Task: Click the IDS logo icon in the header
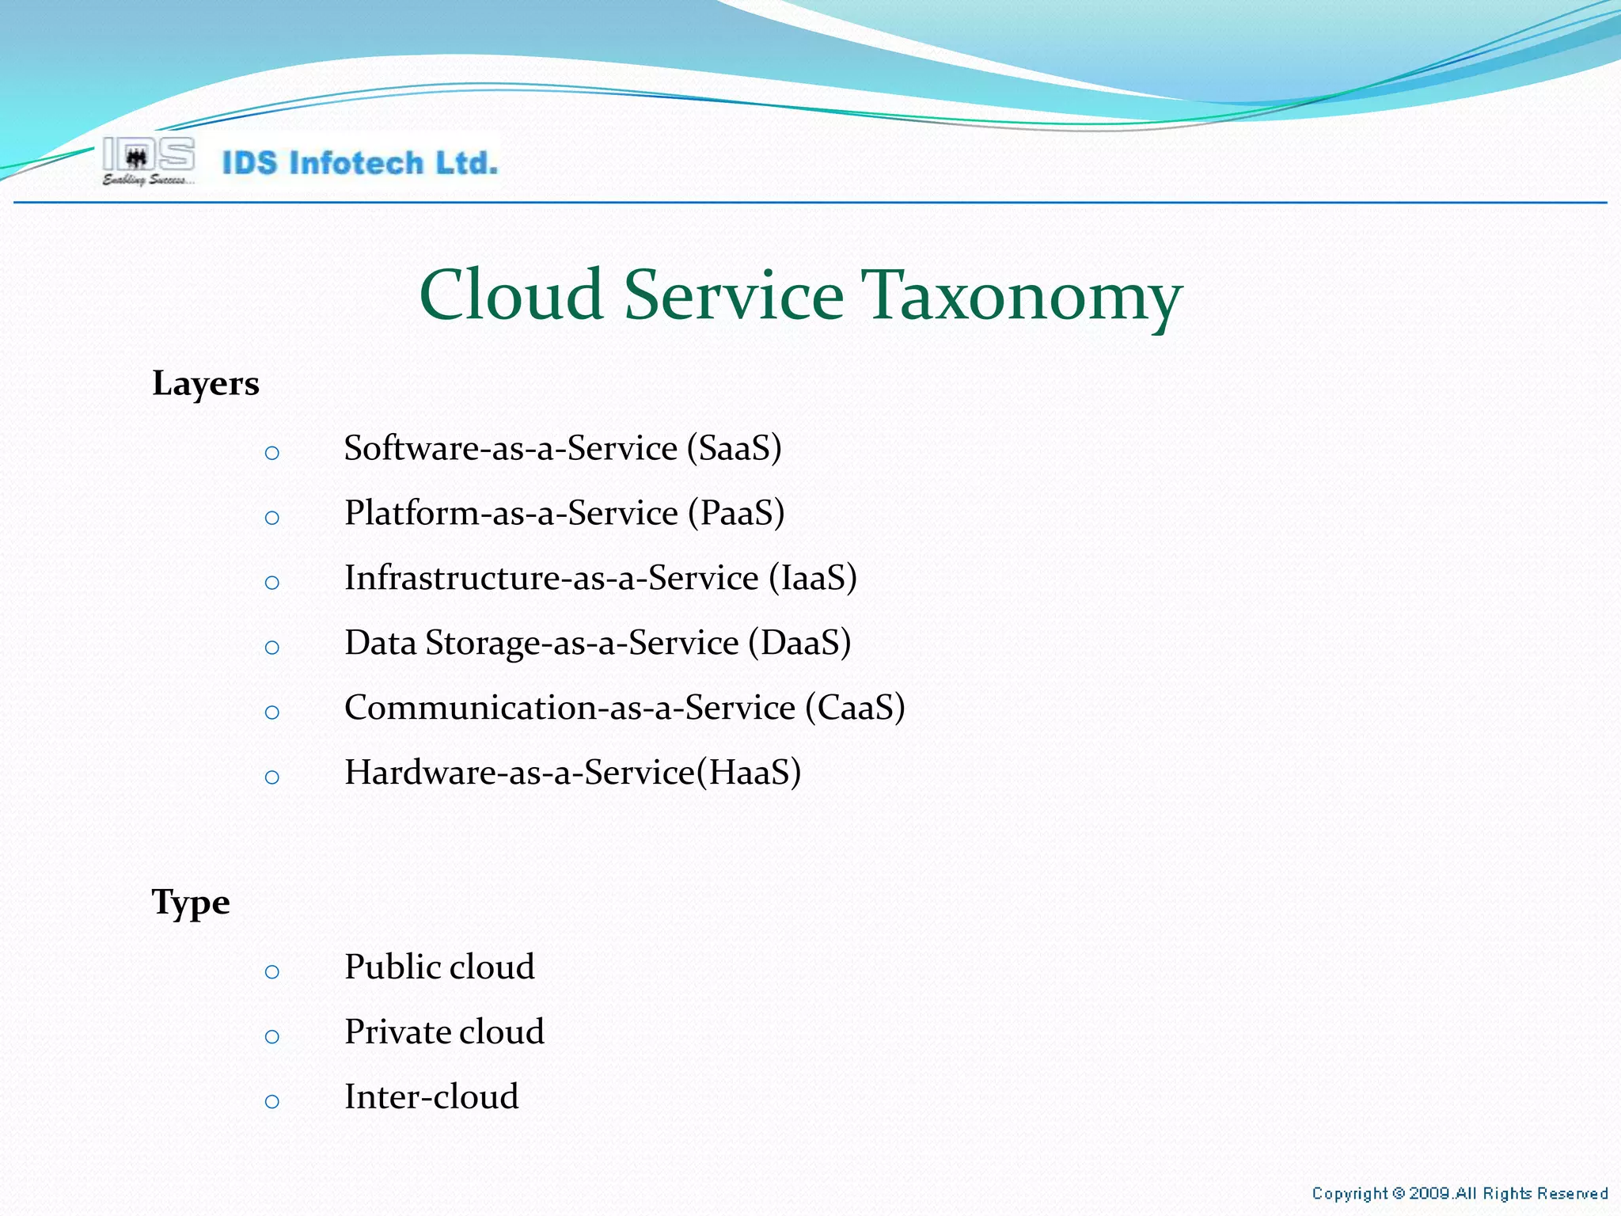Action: pos(148,161)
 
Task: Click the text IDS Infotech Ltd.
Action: pos(360,163)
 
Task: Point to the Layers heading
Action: pos(206,384)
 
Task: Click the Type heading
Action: pos(191,902)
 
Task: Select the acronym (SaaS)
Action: pos(735,449)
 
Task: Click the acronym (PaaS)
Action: pos(736,514)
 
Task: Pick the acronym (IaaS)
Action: pos(813,579)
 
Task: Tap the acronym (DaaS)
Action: pos(799,644)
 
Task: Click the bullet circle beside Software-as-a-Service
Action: pos(272,454)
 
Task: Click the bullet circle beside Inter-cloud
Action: pos(272,1101)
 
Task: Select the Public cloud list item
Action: pos(439,967)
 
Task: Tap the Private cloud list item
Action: pos(444,1032)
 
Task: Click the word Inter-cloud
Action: pos(431,1097)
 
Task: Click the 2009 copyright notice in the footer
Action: pos(1459,1193)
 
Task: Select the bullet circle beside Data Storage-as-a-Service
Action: pos(272,648)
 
